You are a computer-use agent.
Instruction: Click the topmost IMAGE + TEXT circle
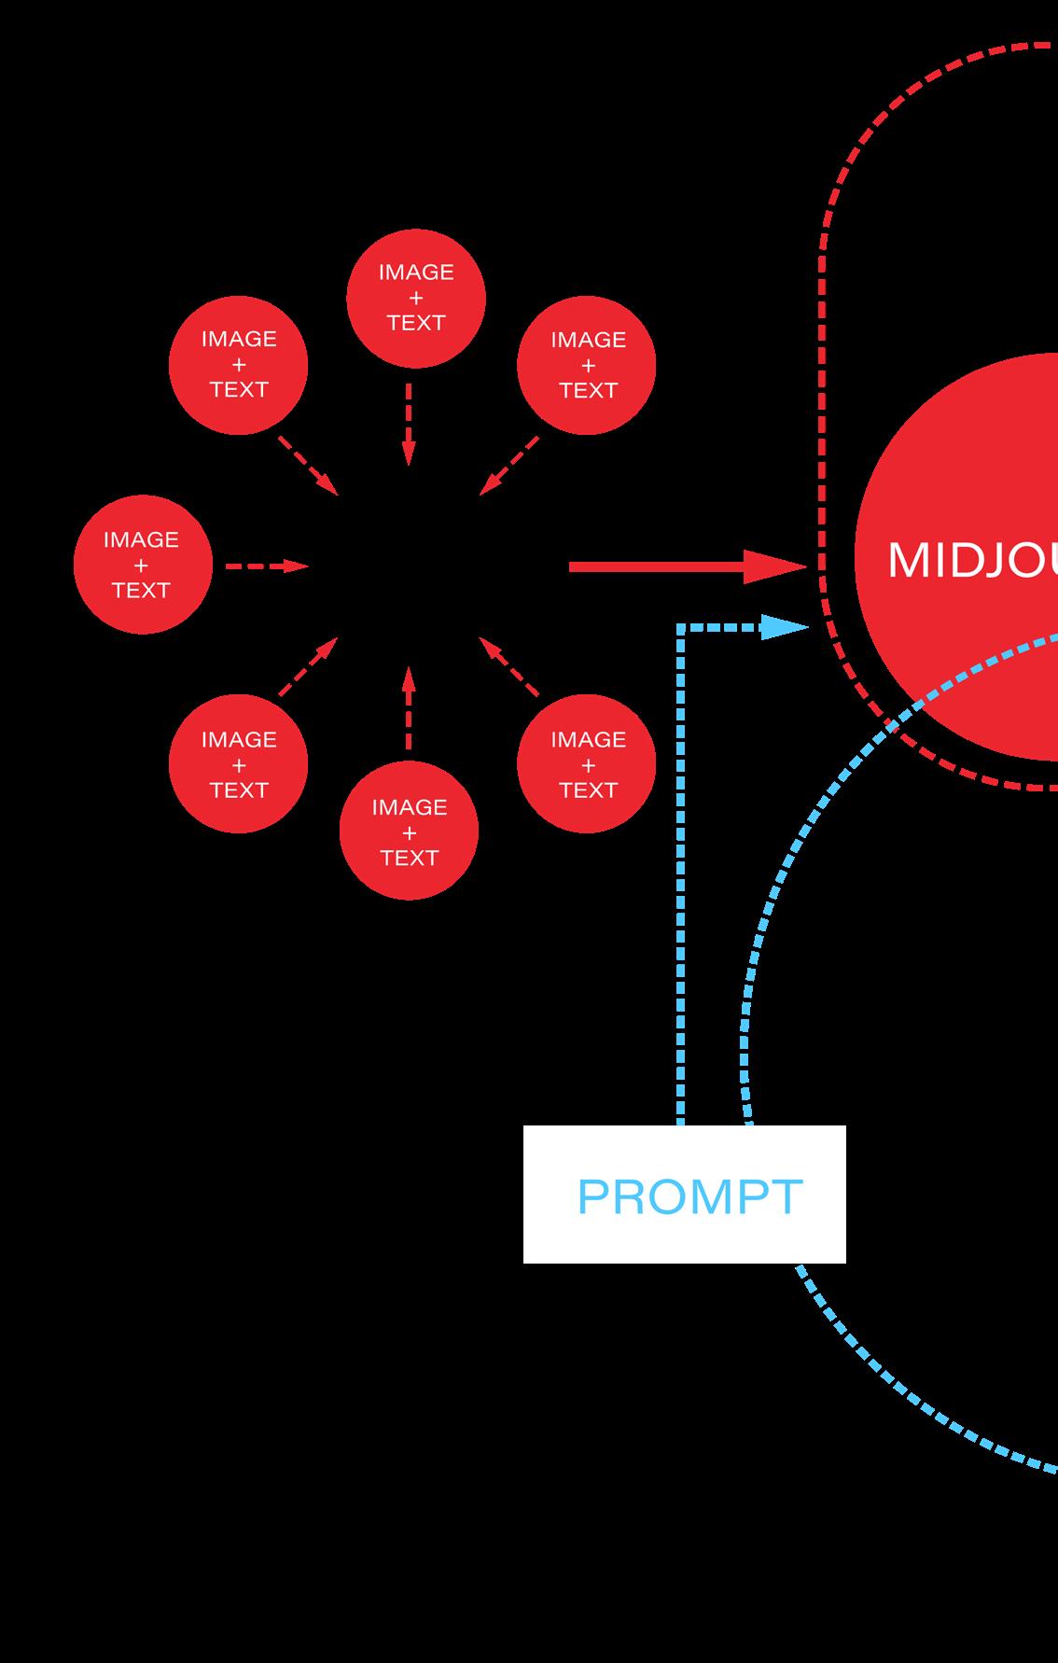click(416, 298)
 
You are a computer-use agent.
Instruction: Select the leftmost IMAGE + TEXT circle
click(143, 565)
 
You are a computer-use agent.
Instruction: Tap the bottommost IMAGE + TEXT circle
click(409, 831)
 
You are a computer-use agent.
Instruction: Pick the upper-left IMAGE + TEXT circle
click(239, 365)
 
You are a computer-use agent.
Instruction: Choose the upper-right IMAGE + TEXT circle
click(587, 365)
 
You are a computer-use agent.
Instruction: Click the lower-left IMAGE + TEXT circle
click(239, 763)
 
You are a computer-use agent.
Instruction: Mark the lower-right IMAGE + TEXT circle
click(587, 763)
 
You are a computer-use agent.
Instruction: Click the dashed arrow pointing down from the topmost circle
click(408, 425)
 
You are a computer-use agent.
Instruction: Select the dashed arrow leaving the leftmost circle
click(266, 566)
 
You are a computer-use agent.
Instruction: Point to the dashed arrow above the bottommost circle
click(408, 706)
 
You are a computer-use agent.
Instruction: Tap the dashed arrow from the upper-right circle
click(509, 465)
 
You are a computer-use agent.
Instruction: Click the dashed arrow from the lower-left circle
click(308, 666)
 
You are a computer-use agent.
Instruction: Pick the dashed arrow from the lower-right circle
click(509, 666)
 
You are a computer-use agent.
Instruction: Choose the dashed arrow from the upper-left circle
click(308, 465)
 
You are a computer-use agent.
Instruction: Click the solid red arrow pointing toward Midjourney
click(686, 566)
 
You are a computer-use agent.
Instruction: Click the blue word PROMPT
click(689, 1196)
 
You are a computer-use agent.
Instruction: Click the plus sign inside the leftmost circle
click(141, 565)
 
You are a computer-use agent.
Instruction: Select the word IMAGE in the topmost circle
click(416, 273)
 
